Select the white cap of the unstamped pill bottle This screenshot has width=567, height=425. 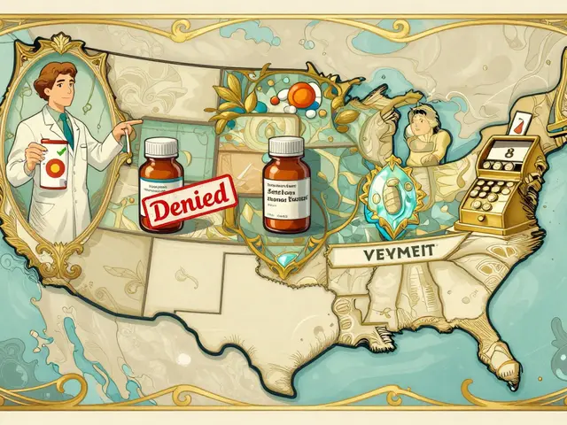coord(286,145)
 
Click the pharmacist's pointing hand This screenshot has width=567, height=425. coord(133,125)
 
